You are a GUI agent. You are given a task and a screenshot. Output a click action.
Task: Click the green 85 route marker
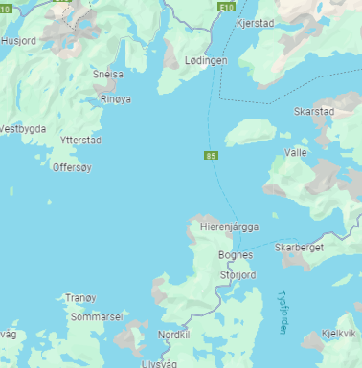pyautogui.click(x=210, y=155)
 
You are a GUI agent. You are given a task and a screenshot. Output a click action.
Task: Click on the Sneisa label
pyautogui.click(x=108, y=74)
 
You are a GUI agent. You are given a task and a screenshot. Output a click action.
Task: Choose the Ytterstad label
pyautogui.click(x=80, y=141)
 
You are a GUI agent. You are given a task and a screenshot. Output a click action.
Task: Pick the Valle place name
pyautogui.click(x=297, y=152)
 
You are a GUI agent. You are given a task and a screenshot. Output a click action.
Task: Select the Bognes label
pyautogui.click(x=236, y=255)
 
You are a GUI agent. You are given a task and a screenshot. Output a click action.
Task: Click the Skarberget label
pyautogui.click(x=300, y=247)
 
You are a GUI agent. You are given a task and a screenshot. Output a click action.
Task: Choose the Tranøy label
pyautogui.click(x=80, y=298)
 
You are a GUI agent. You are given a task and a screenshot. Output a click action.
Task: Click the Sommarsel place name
pyautogui.click(x=97, y=315)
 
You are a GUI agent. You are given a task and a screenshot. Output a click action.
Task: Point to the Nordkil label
pyautogui.click(x=174, y=335)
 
